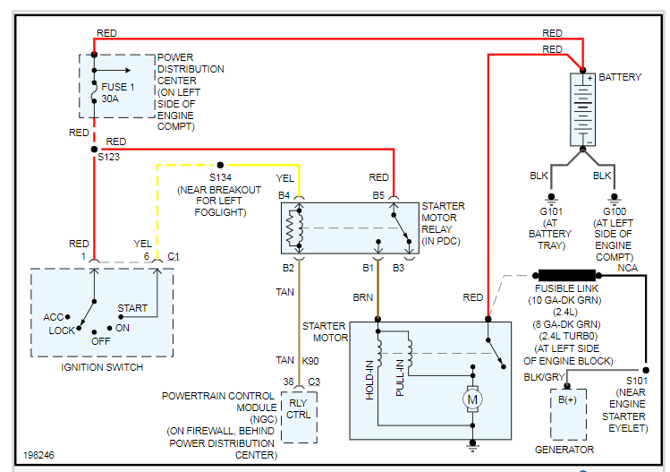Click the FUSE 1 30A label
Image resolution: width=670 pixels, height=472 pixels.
tap(116, 94)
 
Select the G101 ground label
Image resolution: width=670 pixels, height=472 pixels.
tap(550, 212)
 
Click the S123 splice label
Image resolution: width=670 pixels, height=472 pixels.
tap(108, 157)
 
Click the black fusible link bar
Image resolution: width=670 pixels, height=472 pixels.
tap(565, 275)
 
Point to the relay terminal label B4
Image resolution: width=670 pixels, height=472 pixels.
tap(284, 194)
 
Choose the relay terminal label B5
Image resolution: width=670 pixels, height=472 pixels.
tap(378, 194)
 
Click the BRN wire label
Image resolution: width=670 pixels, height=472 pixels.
tap(363, 297)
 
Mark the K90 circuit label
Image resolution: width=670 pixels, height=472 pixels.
tap(310, 360)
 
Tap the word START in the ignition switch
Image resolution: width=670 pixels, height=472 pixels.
tap(132, 308)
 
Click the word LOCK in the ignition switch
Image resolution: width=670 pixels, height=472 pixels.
tap(63, 331)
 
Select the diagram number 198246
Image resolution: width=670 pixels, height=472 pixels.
tap(39, 456)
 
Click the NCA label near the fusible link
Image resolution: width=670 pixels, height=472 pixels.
tap(627, 267)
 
